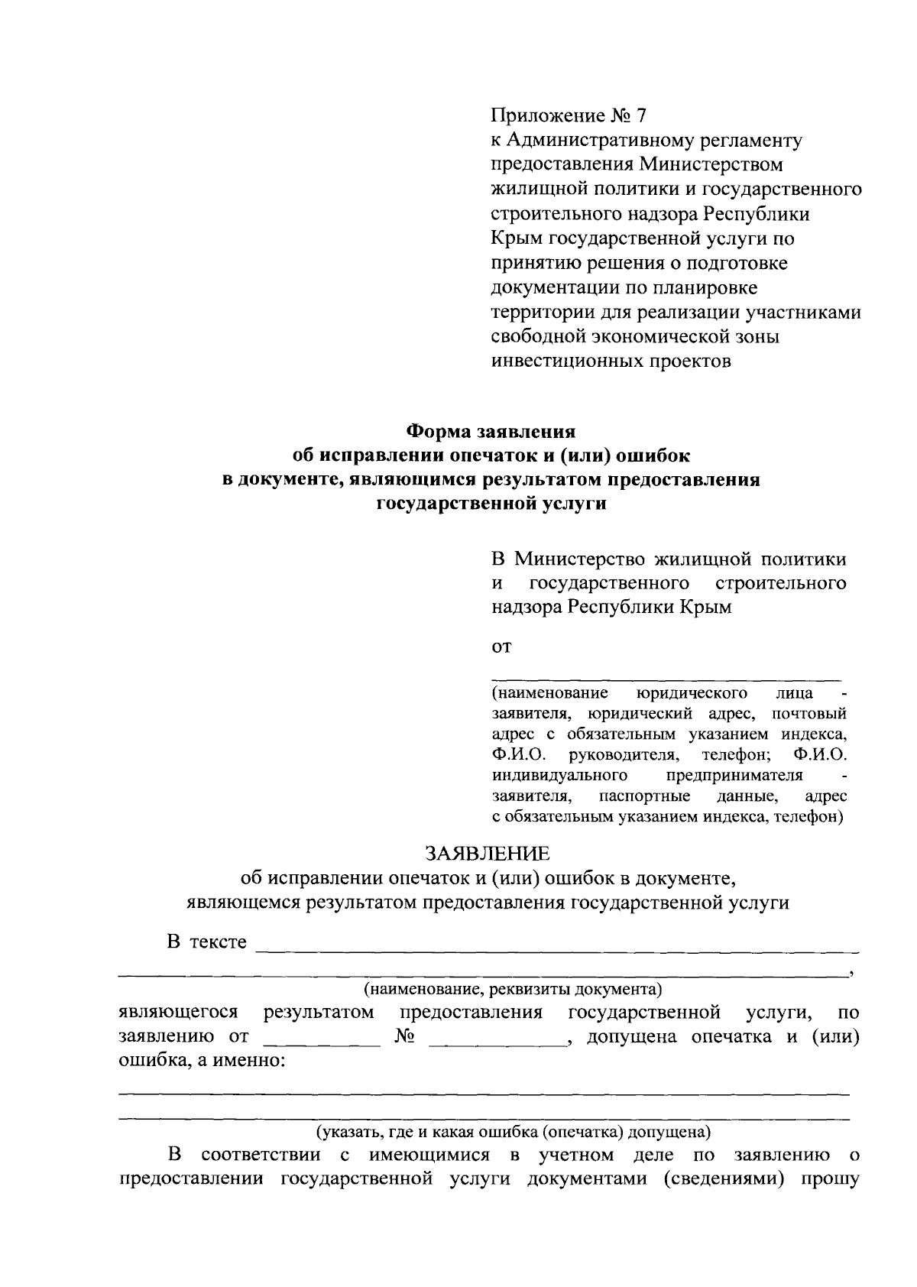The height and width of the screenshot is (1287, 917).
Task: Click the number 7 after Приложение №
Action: pos(640,116)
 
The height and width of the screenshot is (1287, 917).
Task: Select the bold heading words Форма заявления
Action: pos(490,431)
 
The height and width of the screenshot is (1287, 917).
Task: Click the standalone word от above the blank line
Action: pos(501,647)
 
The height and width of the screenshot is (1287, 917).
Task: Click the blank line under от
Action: pos(665,677)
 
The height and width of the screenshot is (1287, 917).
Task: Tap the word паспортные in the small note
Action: pos(645,796)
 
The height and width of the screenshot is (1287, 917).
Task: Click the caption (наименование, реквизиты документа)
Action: pos(512,990)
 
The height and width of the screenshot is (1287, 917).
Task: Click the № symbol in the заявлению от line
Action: pos(406,1037)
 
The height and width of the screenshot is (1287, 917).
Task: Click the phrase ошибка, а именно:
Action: pos(201,1062)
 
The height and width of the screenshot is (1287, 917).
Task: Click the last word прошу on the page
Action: pos(830,1180)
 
